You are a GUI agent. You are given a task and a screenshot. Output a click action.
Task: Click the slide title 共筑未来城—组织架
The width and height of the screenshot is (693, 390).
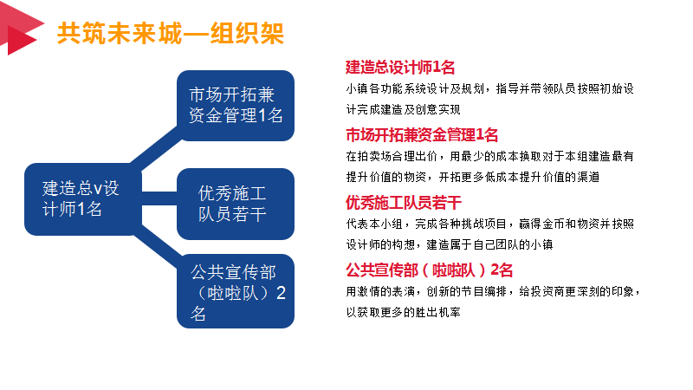tap(171, 33)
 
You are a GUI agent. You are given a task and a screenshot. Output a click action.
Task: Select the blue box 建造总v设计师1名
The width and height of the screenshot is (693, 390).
tap(83, 199)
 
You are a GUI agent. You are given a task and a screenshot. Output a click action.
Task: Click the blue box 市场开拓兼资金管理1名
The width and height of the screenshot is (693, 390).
tap(236, 106)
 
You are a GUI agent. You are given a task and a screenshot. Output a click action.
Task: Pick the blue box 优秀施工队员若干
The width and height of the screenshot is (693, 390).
tap(236, 204)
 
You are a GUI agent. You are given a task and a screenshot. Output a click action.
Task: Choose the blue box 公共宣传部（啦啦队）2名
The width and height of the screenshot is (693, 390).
tap(236, 291)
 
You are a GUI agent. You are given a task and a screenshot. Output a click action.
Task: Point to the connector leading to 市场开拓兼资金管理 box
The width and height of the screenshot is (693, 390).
tap(157, 148)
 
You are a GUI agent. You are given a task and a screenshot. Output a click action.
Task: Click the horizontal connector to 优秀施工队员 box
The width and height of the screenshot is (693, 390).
tap(159, 198)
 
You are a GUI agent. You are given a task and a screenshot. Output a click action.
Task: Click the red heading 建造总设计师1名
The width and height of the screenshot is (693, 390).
tap(400, 68)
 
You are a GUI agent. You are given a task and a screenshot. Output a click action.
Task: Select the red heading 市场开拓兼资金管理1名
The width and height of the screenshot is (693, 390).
tap(422, 135)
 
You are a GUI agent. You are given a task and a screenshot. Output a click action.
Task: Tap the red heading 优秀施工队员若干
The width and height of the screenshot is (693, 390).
tap(404, 203)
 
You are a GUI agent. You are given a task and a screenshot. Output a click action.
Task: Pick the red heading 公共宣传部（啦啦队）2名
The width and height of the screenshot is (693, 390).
tap(429, 270)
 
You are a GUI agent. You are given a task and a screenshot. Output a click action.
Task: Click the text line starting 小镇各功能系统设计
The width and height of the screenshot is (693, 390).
tap(489, 89)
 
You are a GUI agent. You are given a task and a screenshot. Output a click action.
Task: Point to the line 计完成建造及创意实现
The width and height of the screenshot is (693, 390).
tap(403, 110)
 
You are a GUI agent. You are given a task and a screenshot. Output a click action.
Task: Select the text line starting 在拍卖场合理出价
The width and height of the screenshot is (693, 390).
tap(489, 156)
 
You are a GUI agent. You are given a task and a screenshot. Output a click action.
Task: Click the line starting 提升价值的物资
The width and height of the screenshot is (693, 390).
tap(472, 177)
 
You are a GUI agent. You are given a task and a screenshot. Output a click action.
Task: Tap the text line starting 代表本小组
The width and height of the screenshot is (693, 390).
tap(489, 224)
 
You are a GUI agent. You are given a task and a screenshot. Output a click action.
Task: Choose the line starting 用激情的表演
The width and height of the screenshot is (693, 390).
tap(492, 291)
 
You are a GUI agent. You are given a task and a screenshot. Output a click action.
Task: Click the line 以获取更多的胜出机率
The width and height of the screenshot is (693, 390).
tap(403, 312)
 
